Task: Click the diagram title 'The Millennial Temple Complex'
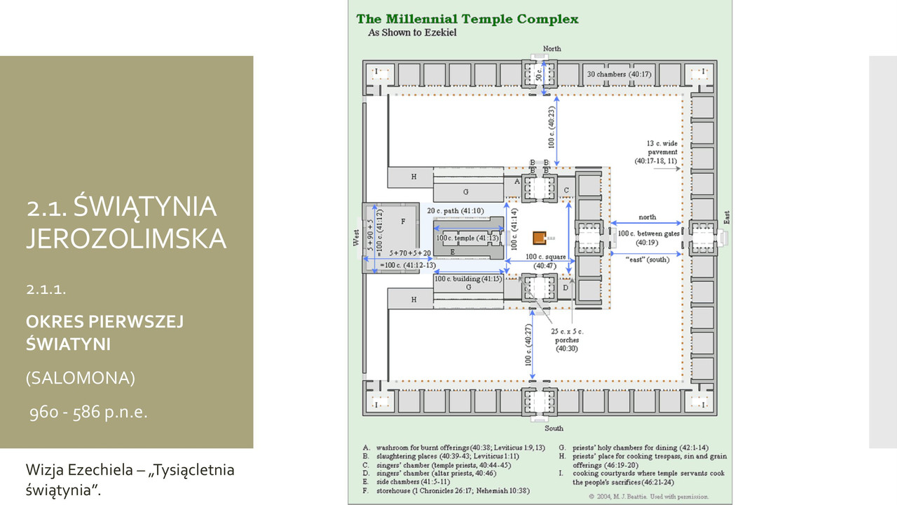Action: pos(467,19)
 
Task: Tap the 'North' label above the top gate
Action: pos(552,48)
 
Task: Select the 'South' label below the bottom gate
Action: pos(554,428)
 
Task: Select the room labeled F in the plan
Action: pos(403,222)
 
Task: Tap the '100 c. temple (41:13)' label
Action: pos(467,238)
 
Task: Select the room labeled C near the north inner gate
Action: pos(566,189)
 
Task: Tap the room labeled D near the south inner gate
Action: pos(566,288)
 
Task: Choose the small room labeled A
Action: pos(516,181)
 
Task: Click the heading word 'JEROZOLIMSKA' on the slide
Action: pos(126,238)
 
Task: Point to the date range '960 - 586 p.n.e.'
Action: pos(87,412)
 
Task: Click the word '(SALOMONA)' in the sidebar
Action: pos(80,378)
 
